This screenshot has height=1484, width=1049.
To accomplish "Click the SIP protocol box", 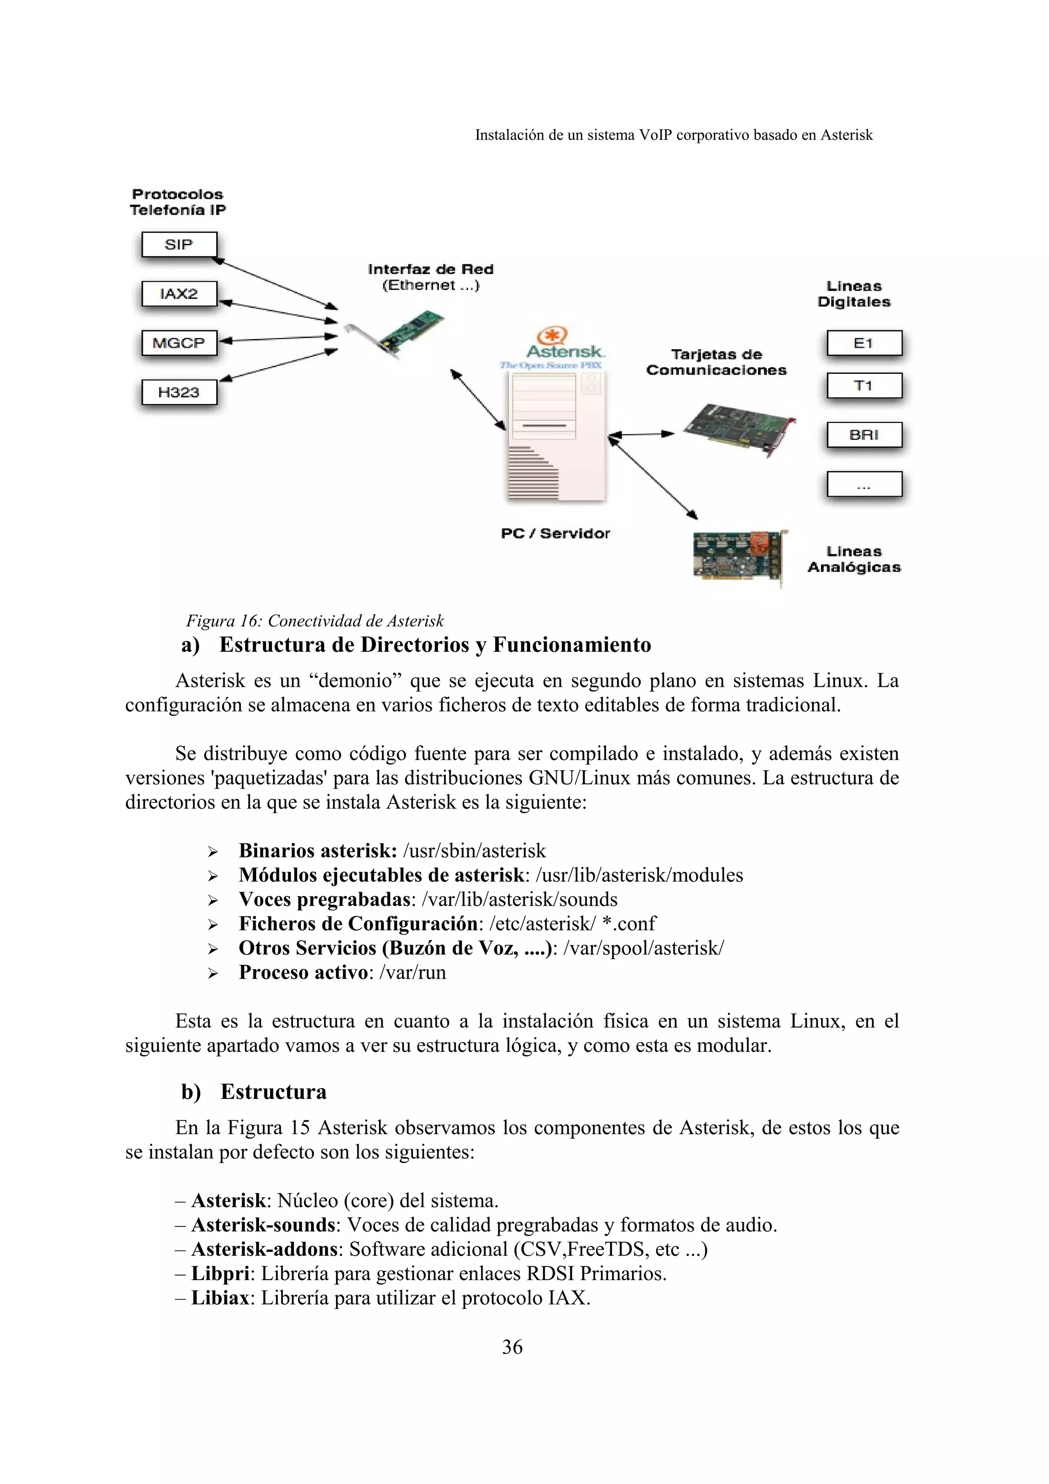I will point(179,245).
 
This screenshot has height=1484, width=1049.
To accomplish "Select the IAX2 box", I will point(179,294).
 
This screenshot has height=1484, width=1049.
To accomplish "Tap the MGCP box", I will point(179,343).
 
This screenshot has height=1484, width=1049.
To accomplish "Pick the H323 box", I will point(179,392).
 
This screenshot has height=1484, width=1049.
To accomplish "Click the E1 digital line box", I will point(864,343).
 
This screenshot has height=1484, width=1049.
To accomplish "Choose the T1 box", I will point(864,386).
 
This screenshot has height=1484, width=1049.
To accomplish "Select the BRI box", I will point(864,435).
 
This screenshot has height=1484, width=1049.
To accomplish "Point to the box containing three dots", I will point(864,484).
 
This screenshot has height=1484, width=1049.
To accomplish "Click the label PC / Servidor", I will point(555,533).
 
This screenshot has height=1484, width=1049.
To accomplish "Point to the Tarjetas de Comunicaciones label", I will point(716,362).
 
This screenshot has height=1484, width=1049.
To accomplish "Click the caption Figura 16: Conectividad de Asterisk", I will point(315,621).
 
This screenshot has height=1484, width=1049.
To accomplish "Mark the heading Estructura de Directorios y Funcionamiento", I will point(435,645).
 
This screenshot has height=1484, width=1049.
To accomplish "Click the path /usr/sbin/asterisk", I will point(474,851).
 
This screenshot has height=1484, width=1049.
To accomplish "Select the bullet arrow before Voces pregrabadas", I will point(213,900).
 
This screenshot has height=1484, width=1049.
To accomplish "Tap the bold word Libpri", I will point(220,1274).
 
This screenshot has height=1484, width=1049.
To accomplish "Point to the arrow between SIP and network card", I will point(275,283).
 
